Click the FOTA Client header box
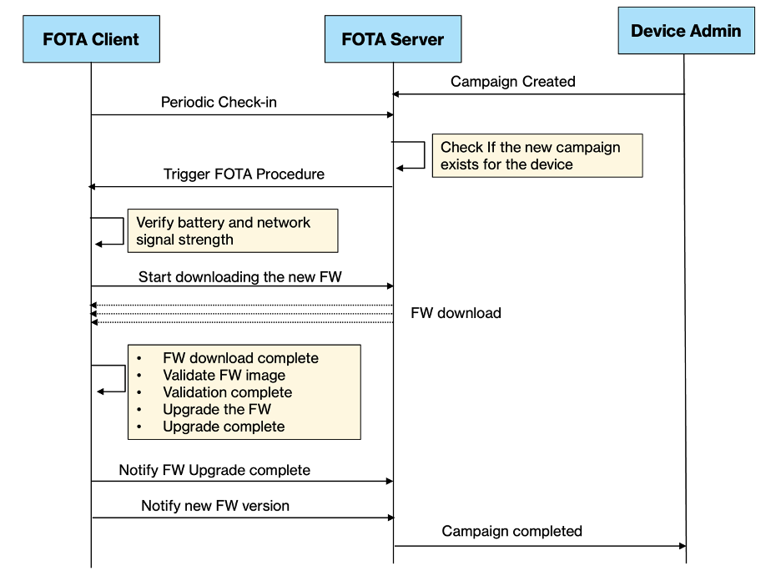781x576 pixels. tap(91, 39)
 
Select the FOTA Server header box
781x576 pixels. tap(393, 39)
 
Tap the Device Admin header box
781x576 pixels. tap(685, 32)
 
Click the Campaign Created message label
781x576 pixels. tap(512, 82)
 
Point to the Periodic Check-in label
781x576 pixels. tap(219, 103)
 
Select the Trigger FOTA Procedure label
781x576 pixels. tap(244, 174)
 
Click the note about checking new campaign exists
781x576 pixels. tap(537, 155)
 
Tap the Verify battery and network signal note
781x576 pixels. tap(232, 231)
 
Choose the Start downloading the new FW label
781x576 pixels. tap(239, 276)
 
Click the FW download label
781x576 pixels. tap(456, 313)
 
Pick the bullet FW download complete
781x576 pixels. tap(240, 358)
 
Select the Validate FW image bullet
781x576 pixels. tap(224, 376)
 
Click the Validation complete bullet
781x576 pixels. tap(227, 392)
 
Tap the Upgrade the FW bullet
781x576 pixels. tap(216, 409)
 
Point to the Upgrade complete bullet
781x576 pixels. tap(224, 427)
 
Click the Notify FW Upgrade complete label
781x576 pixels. tap(214, 470)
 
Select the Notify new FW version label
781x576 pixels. tap(215, 506)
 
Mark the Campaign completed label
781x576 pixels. tap(511, 531)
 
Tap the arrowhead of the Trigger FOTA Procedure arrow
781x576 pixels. tap(93, 187)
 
